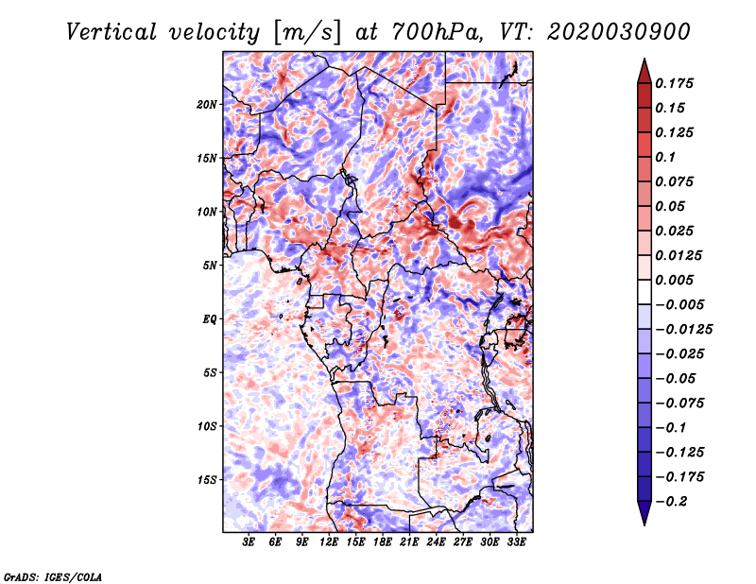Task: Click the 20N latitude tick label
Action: click(207, 105)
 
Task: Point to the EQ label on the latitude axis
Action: click(209, 319)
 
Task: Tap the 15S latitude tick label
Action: click(207, 480)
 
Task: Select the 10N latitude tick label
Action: click(207, 212)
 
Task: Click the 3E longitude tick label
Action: click(249, 542)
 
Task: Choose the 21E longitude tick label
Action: click(409, 542)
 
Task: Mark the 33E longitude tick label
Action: click(516, 542)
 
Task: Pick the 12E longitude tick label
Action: click(328, 542)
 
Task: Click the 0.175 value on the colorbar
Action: click(674, 83)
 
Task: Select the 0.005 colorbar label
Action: click(674, 280)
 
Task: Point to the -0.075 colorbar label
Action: click(679, 404)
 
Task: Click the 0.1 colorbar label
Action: click(665, 157)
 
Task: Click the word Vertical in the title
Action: click(112, 32)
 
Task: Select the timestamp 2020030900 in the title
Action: click(619, 32)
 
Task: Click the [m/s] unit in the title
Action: click(307, 33)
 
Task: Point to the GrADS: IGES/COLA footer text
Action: click(53, 577)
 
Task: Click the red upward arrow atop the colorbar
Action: click(644, 71)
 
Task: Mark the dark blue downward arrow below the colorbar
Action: click(644, 513)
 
